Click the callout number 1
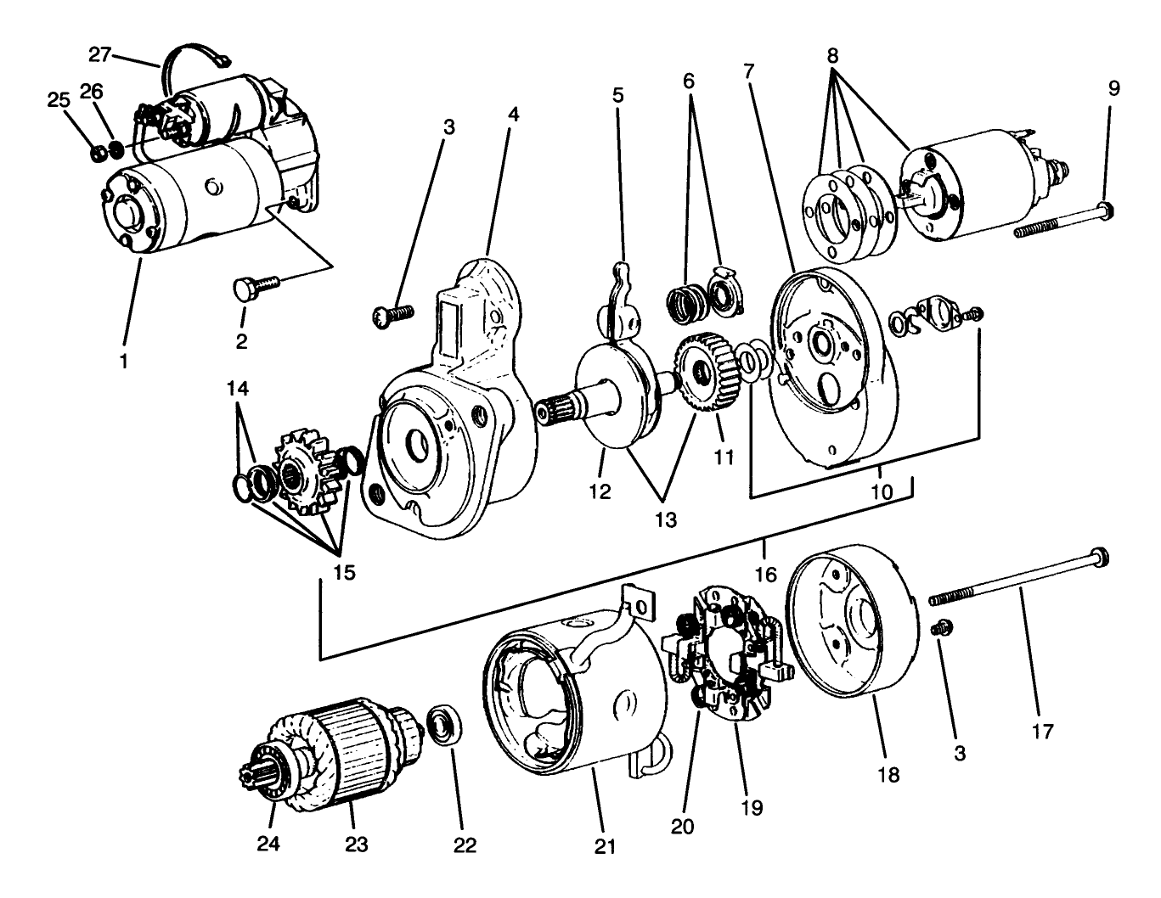[124, 361]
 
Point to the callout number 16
[765, 575]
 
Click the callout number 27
[100, 55]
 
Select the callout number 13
[666, 519]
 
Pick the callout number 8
[833, 56]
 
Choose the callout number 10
[882, 491]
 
